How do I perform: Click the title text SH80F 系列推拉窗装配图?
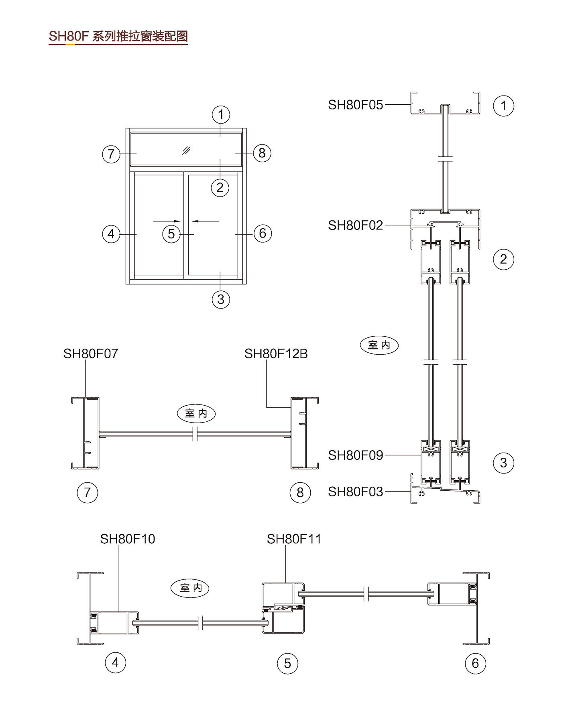coord(118,36)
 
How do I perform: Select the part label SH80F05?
coord(356,105)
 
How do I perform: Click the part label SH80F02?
coord(356,225)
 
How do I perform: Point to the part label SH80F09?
coord(356,455)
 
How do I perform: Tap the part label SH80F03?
coord(356,492)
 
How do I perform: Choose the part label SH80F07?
coord(91,353)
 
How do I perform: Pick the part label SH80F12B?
coord(276,353)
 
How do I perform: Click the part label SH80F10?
coord(128,539)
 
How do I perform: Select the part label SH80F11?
coord(294,539)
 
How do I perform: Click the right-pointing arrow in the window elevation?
coord(167,221)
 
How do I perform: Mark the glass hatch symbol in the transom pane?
coord(186,150)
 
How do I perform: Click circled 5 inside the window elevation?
coord(171,234)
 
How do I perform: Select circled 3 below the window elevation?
coord(221,299)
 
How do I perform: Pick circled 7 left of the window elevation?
coord(111,154)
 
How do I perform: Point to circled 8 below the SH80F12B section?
coord(300,492)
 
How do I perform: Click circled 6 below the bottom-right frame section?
coord(475,663)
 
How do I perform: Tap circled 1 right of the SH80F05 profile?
coord(503,106)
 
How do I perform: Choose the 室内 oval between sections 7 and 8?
coord(196,413)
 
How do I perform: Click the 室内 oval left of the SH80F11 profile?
coord(190,588)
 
